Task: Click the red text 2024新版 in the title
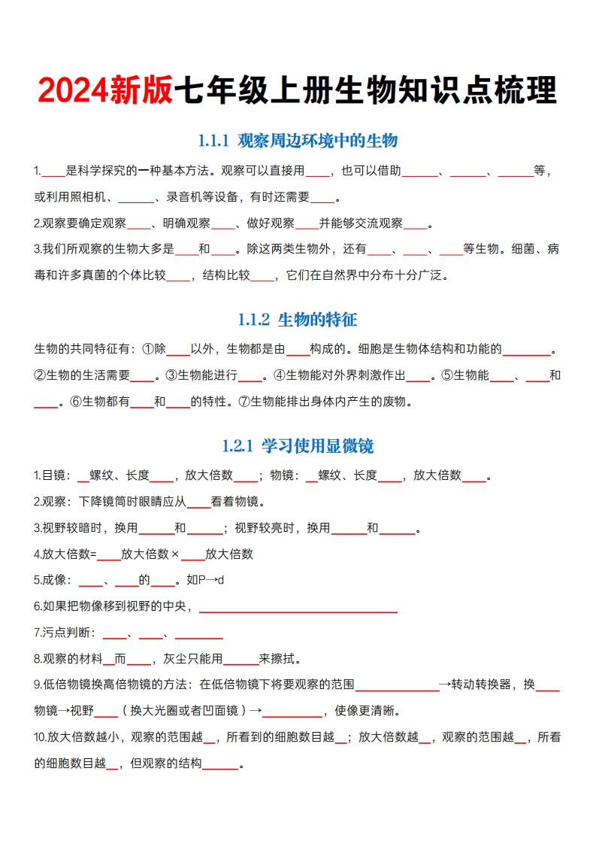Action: tap(104, 91)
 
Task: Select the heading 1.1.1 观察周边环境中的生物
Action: tap(298, 141)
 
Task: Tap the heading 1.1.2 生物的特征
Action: tap(298, 320)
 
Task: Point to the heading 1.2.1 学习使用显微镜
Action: tap(298, 446)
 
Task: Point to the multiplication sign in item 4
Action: tap(174, 554)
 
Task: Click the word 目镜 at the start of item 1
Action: tap(53, 475)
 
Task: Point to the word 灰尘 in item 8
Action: tap(164, 659)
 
